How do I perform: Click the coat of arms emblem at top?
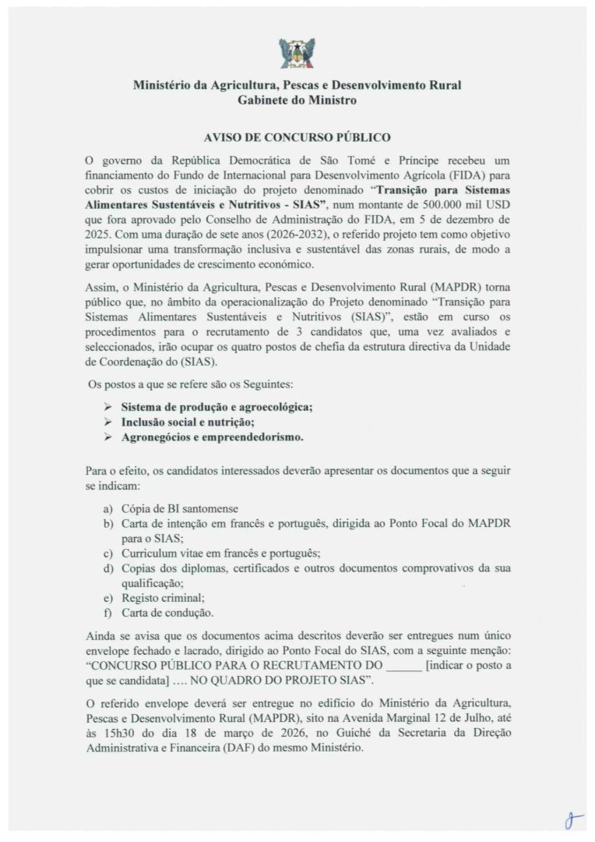297,53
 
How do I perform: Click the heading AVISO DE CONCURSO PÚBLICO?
297,137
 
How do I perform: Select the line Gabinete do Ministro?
297,101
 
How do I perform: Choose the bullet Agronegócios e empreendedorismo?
212,437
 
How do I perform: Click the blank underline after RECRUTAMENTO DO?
403,667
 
